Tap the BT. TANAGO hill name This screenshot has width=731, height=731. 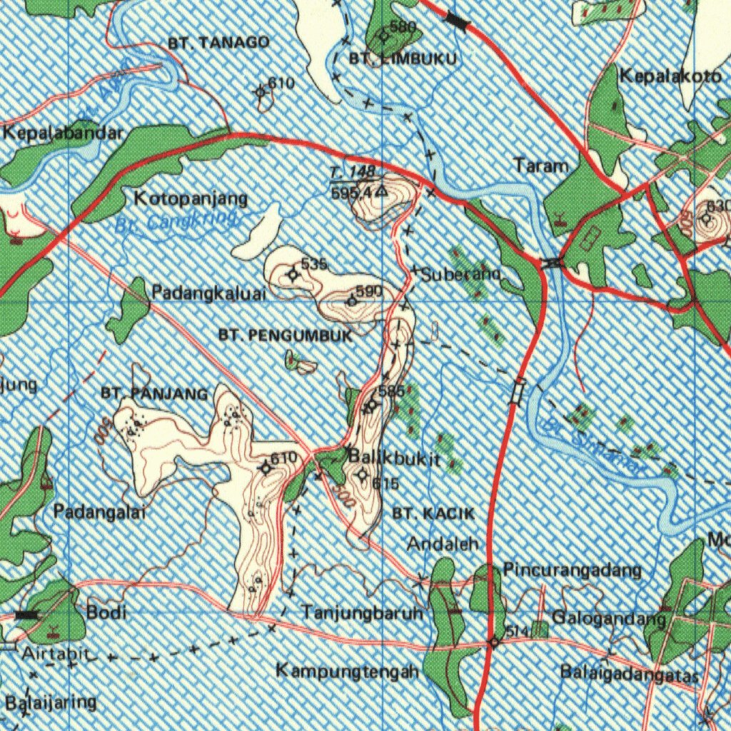click(x=219, y=43)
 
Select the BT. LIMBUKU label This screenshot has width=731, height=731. click(x=403, y=59)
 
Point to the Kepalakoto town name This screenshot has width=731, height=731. click(x=670, y=76)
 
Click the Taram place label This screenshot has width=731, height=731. click(x=541, y=166)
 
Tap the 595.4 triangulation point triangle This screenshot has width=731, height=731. click(x=382, y=191)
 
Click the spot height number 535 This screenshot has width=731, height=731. click(x=314, y=264)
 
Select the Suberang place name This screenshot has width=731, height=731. click(x=461, y=274)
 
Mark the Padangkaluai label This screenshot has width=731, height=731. click(x=208, y=293)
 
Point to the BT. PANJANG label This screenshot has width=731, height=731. click(x=155, y=393)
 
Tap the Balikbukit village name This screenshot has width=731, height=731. click(x=394, y=458)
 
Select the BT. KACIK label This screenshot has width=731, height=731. click(x=433, y=513)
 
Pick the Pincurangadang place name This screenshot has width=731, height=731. click(x=573, y=570)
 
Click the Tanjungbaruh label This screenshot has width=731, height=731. click(x=363, y=612)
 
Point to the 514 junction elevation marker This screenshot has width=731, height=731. click(x=494, y=642)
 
